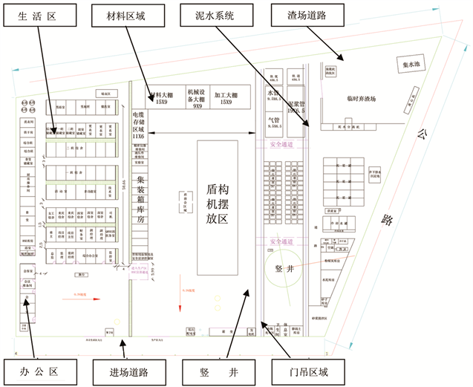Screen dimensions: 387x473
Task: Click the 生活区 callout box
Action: (37, 14)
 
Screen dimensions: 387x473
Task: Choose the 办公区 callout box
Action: (37, 369)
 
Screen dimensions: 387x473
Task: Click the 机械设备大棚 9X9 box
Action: (198, 97)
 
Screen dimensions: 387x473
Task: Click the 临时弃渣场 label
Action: (361, 99)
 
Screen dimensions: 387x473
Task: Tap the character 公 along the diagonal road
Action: (423, 134)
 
